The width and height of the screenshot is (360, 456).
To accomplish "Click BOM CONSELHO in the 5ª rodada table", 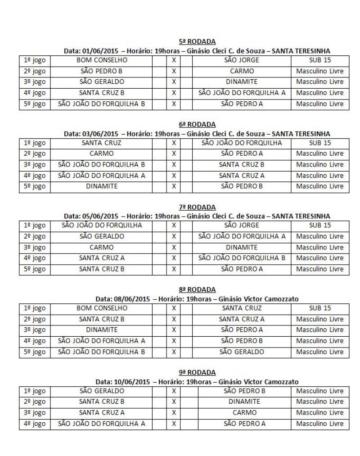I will [x=102, y=60].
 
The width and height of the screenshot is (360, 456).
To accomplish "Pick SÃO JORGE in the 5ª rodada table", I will [x=241, y=60].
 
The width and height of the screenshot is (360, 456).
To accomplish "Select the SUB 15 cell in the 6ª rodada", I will [x=320, y=143].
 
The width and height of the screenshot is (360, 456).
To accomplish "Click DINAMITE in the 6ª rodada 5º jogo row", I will [x=102, y=186].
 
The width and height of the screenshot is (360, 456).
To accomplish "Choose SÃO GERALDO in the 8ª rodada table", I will [x=241, y=352].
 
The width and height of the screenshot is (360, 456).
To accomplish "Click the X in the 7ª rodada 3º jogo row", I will [x=174, y=247].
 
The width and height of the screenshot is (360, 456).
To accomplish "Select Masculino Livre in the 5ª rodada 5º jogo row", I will [x=320, y=104].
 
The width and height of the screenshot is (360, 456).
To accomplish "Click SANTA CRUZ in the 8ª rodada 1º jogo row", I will [x=241, y=308].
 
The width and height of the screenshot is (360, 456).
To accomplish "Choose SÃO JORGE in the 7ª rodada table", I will [x=241, y=225].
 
